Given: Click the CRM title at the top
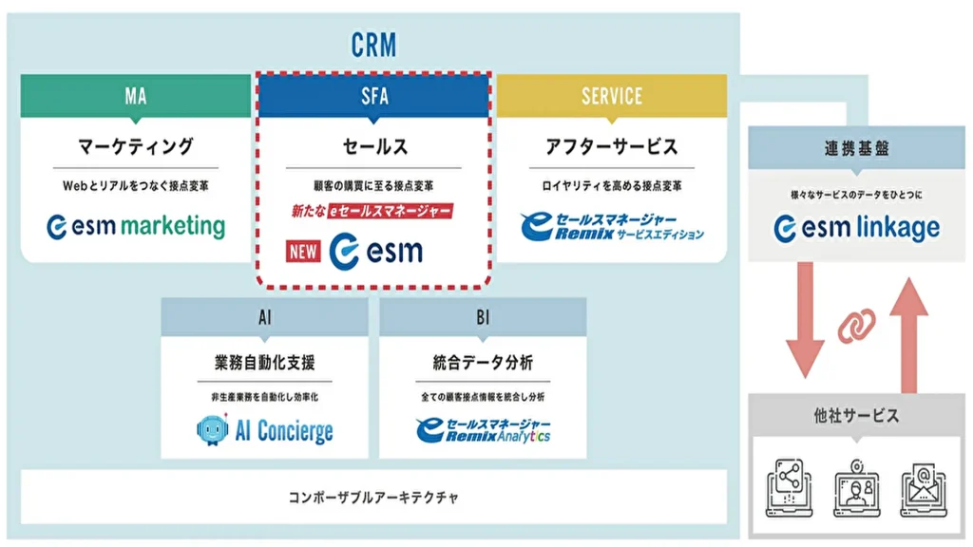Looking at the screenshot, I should pyautogui.click(x=372, y=44).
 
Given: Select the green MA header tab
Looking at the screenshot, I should pyautogui.click(x=135, y=96).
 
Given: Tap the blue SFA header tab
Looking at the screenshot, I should pyautogui.click(x=373, y=96).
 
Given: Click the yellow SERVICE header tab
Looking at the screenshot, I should pyautogui.click(x=612, y=96).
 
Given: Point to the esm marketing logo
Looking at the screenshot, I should pyautogui.click(x=136, y=227).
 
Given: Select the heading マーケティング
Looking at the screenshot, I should pyautogui.click(x=135, y=146).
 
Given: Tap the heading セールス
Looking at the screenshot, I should pyautogui.click(x=373, y=146).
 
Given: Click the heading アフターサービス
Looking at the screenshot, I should pyautogui.click(x=612, y=146).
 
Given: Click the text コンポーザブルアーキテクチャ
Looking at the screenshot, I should pyautogui.click(x=373, y=497).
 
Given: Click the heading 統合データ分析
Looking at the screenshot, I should pyautogui.click(x=484, y=363).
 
